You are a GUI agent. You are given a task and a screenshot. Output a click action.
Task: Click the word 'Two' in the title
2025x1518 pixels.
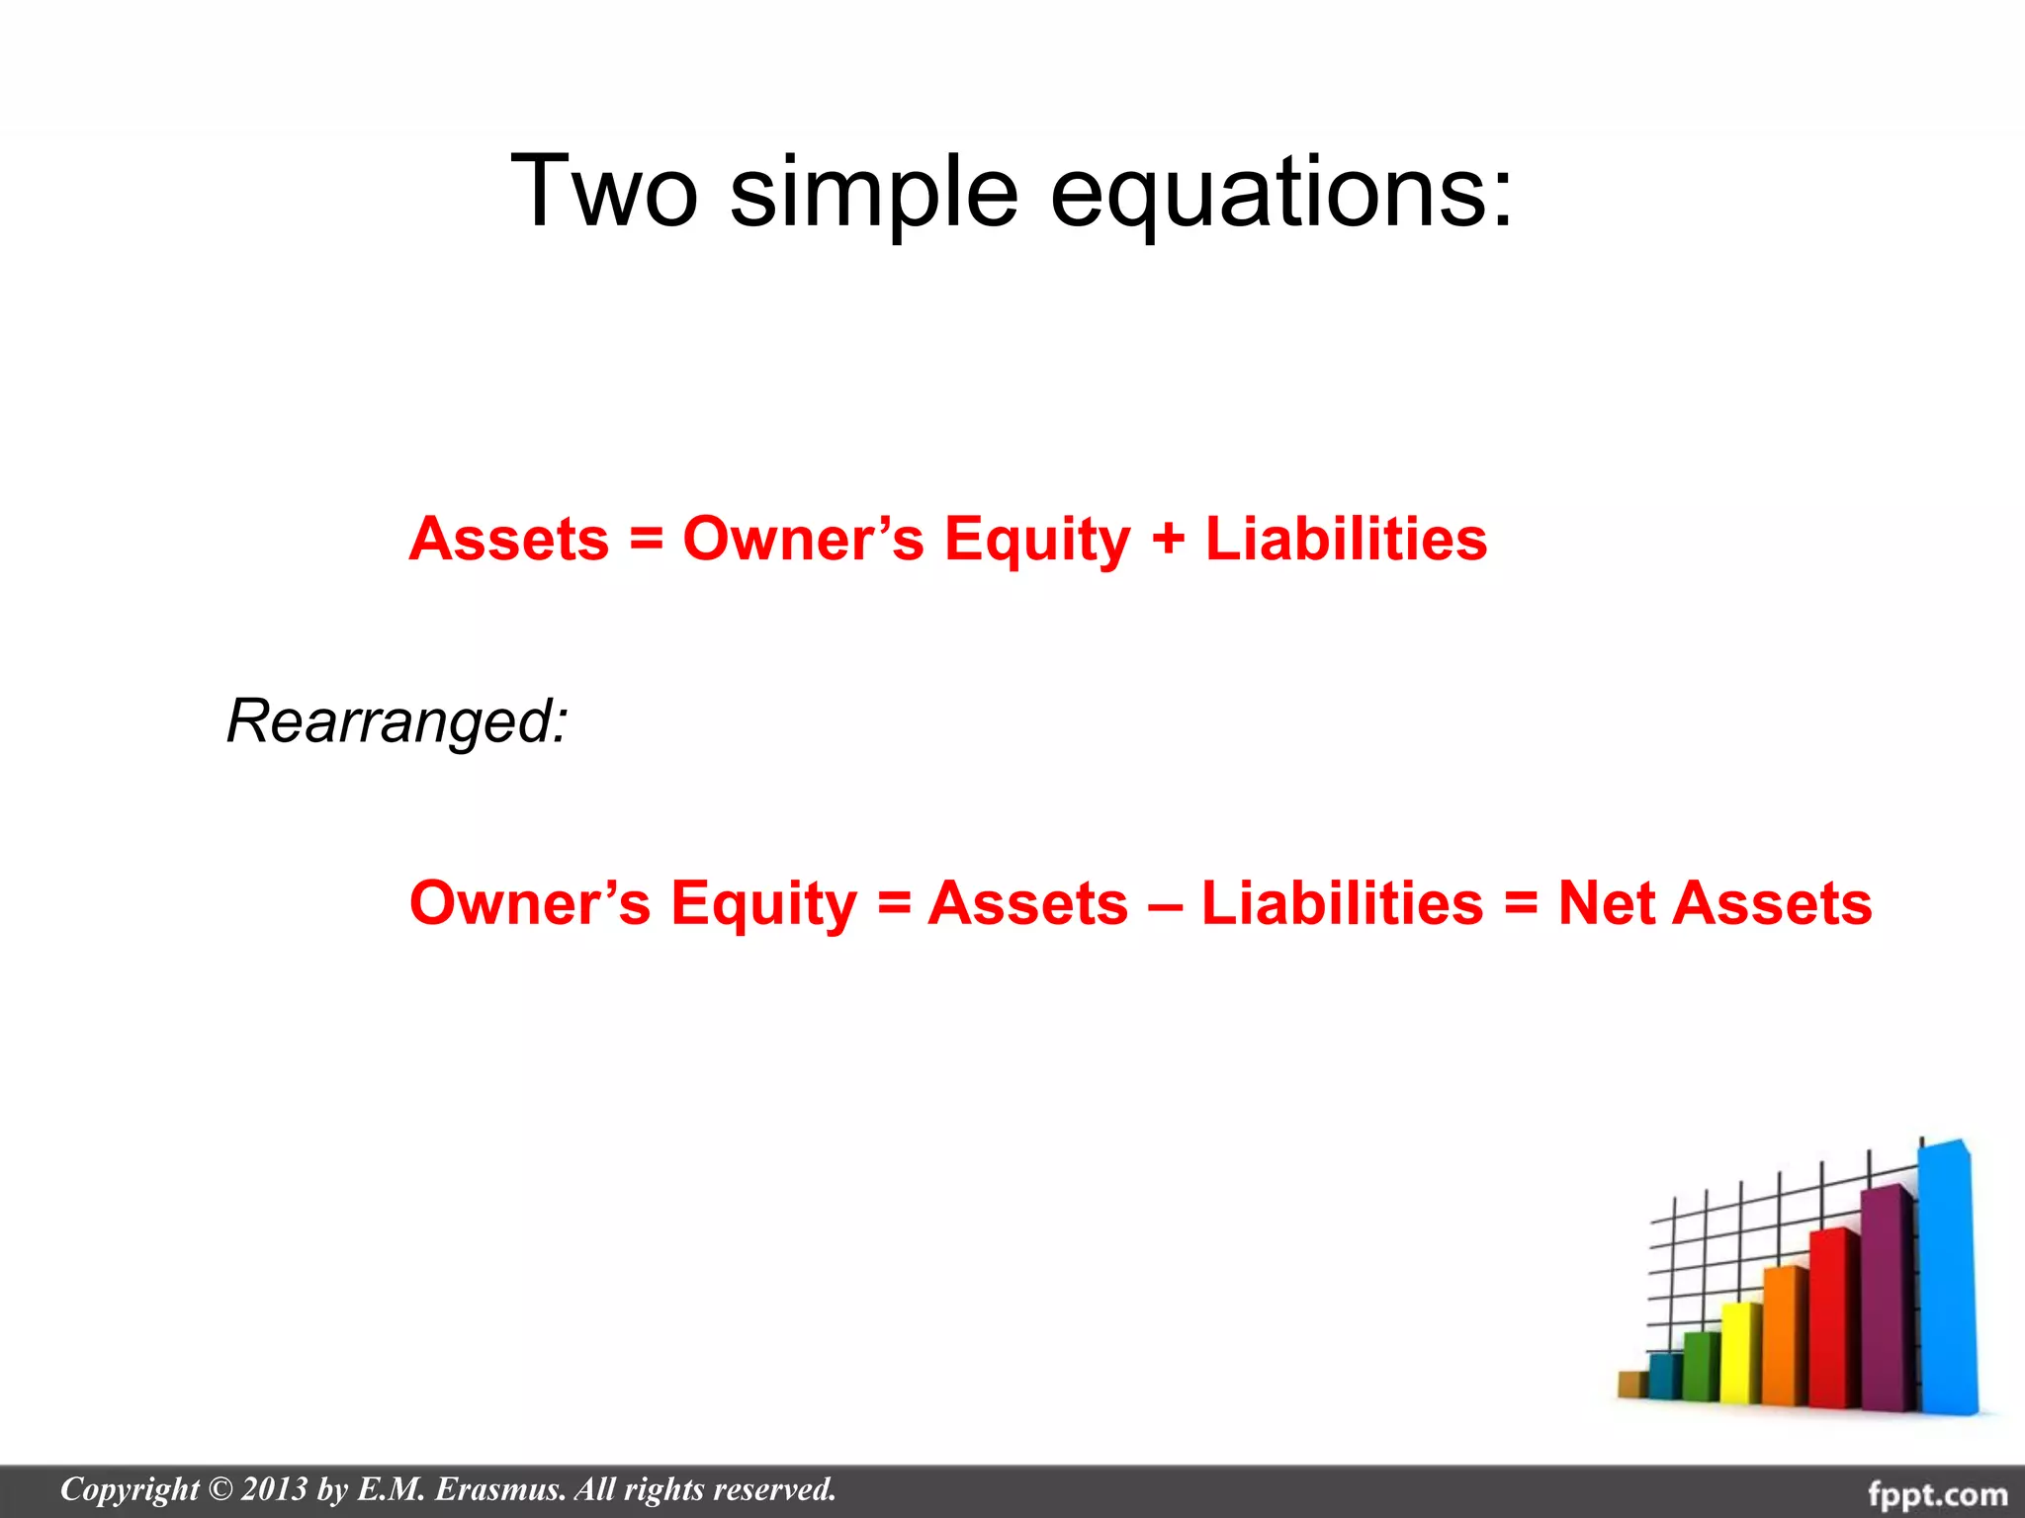(604, 192)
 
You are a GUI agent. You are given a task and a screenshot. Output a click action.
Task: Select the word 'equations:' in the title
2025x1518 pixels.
(1281, 192)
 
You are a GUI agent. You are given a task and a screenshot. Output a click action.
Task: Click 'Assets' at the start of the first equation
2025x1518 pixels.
(509, 540)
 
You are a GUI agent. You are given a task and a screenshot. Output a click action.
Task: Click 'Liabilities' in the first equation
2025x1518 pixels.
(1346, 540)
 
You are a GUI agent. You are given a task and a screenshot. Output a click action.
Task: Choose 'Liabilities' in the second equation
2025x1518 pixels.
(1342, 903)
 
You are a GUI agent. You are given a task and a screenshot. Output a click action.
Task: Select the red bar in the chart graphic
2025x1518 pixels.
(1834, 1314)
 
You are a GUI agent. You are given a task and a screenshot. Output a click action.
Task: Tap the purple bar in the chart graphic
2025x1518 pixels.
(1887, 1295)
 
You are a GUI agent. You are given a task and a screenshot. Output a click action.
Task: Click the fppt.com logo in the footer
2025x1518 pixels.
(1937, 1492)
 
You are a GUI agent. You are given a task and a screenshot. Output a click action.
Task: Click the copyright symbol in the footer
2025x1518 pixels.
(220, 1489)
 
